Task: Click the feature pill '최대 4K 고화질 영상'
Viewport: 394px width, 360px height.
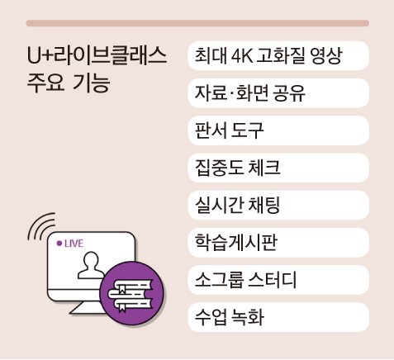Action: [278, 56]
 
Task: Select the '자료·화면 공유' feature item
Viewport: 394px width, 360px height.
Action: [278, 93]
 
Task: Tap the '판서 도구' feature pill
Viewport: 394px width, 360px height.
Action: [278, 130]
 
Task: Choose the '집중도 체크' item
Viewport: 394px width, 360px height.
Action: [278, 168]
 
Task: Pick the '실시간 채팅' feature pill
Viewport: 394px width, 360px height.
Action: [278, 206]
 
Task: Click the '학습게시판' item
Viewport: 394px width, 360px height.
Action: [278, 243]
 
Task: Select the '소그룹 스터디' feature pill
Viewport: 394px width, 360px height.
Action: [278, 280]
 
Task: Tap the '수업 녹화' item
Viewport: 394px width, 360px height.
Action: [278, 317]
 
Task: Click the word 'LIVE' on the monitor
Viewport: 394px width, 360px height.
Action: [74, 244]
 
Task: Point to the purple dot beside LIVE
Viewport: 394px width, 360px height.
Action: [59, 244]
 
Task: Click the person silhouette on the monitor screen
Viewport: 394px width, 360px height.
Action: [91, 265]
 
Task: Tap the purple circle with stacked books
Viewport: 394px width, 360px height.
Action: [132, 293]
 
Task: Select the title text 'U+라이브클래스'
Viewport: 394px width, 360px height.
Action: [97, 56]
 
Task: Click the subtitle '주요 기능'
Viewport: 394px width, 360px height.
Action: [69, 83]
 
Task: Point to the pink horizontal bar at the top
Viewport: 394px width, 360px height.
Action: [197, 23]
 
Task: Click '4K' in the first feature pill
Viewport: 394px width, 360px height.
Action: [242, 56]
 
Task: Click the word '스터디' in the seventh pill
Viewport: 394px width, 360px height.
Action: [273, 280]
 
